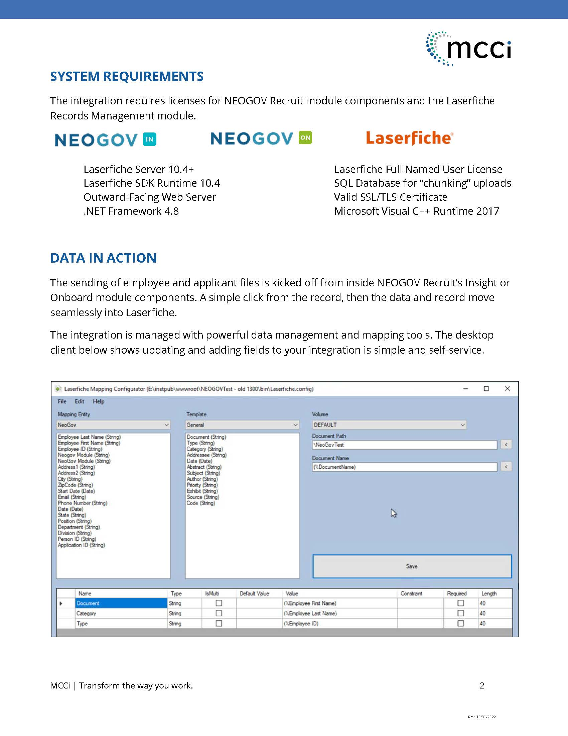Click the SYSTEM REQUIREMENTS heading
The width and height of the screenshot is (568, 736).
(x=127, y=77)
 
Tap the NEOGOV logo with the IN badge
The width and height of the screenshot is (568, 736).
(x=105, y=139)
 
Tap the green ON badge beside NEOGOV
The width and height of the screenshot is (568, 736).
(x=305, y=137)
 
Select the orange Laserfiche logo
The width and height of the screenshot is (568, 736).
(x=410, y=138)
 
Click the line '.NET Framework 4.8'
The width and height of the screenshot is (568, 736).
(x=131, y=211)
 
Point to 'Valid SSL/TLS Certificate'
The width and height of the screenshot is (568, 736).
(x=390, y=197)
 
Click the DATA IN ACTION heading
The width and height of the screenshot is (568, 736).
(x=103, y=258)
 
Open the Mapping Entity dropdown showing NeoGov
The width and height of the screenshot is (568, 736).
(x=113, y=425)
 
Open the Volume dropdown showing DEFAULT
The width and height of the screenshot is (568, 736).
(x=389, y=425)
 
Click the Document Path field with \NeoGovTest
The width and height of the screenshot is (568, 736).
(x=404, y=445)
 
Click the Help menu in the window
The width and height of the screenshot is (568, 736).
(x=99, y=401)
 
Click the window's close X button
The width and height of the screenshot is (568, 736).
(x=507, y=388)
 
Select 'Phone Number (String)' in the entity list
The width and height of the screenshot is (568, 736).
(x=83, y=503)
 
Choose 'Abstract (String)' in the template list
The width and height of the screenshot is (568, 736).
(x=204, y=467)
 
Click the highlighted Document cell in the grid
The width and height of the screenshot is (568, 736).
(x=121, y=603)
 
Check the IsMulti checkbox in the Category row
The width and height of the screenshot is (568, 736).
(x=219, y=613)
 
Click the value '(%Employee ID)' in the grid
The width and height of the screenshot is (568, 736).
(x=301, y=624)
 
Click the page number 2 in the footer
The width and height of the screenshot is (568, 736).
(x=482, y=686)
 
